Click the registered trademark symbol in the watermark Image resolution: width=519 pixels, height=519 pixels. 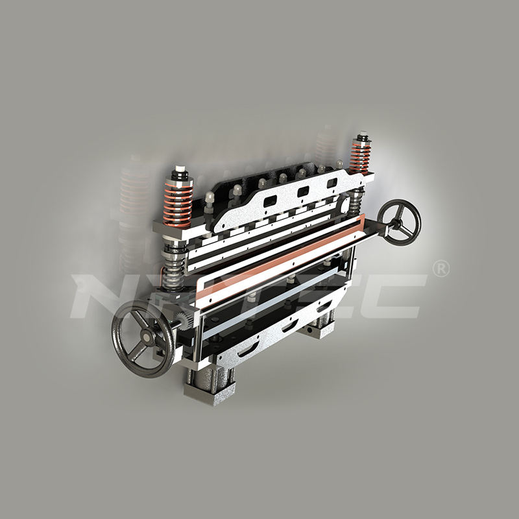[x=441, y=269]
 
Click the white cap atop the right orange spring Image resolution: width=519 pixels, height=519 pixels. [x=361, y=138]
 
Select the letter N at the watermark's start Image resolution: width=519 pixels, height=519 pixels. [x=97, y=295]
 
